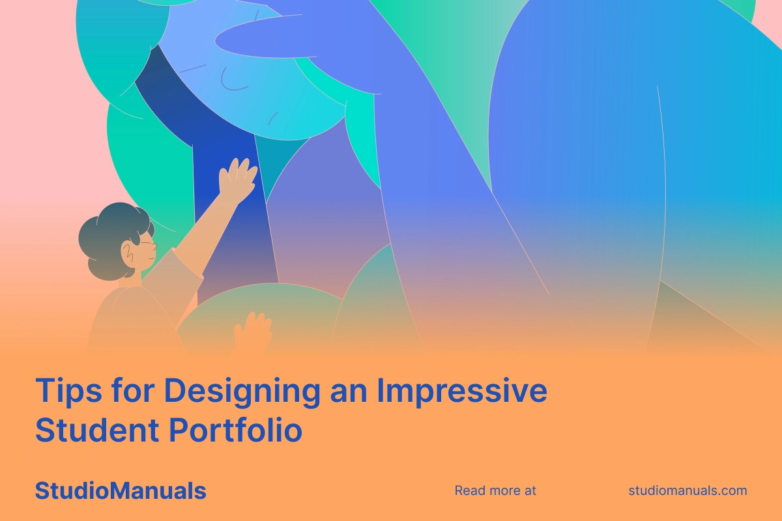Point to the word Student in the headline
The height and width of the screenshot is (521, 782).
[97, 430]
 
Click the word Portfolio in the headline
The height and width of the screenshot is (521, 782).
[236, 430]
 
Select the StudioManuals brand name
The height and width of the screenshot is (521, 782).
[121, 490]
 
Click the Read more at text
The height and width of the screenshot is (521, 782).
[495, 490]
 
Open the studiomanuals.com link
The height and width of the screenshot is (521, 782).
[688, 490]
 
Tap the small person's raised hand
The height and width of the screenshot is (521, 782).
[237, 180]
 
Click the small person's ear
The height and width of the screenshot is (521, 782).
[128, 254]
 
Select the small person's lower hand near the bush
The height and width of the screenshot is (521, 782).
[253, 331]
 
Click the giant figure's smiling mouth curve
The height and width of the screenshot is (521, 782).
[231, 82]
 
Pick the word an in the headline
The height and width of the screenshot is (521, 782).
[349, 393]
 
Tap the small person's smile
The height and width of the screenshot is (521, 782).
[151, 259]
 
